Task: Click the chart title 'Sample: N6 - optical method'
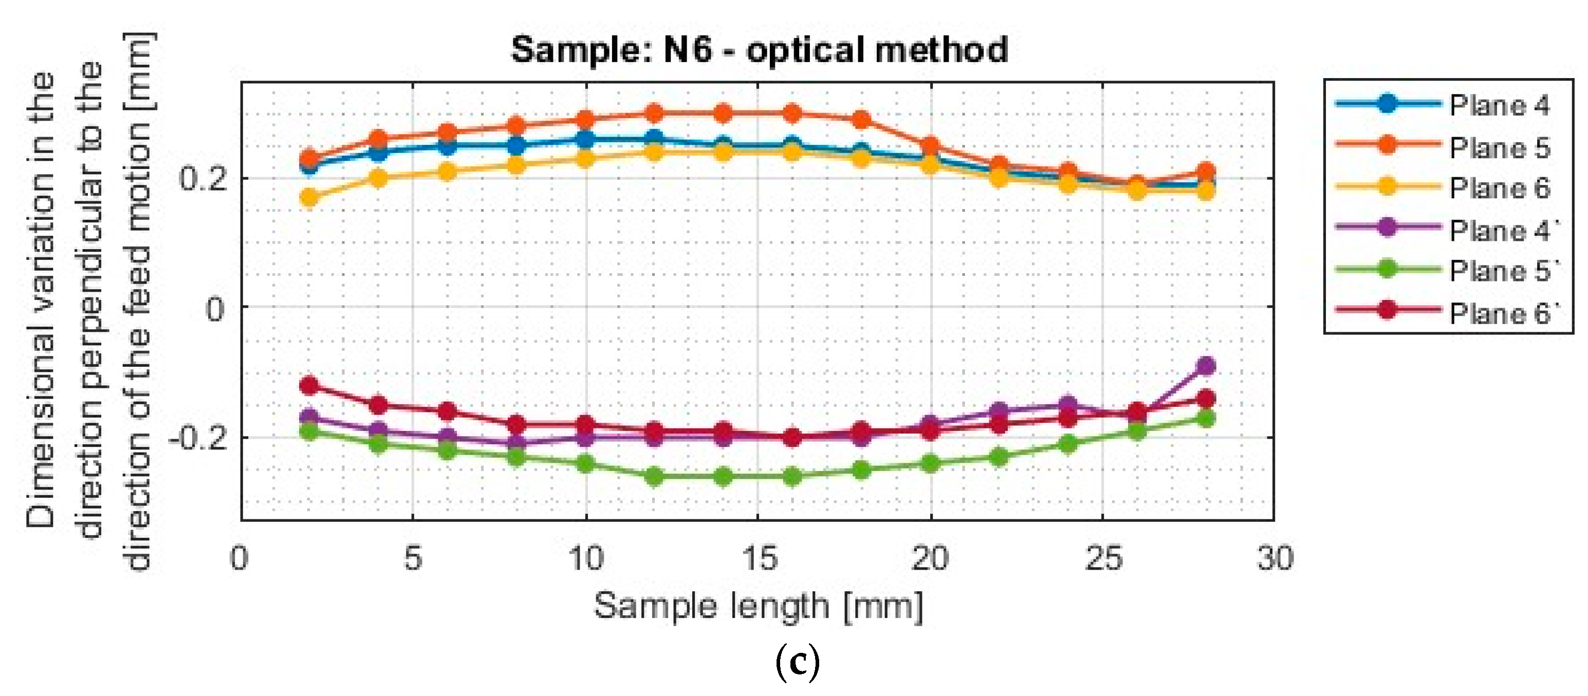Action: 760,49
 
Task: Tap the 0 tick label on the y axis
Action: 214,309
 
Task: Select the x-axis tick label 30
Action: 1275,558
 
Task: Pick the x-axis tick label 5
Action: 413,558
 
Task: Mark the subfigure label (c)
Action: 797,662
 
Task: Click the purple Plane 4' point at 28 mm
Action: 1206,366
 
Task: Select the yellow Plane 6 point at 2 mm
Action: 309,198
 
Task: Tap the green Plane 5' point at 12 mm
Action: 654,476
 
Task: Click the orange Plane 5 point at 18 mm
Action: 861,120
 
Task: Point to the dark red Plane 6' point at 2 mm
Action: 309,386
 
